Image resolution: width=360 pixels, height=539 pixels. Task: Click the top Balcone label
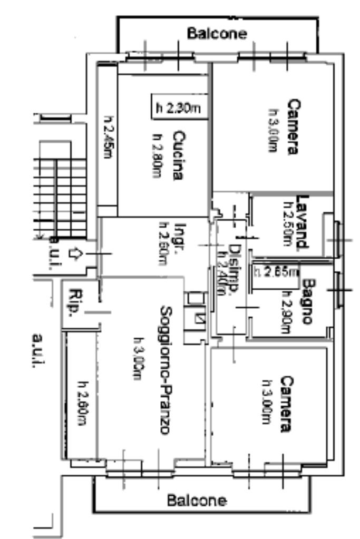click(x=217, y=34)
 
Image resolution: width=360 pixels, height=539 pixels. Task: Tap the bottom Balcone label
click(x=197, y=500)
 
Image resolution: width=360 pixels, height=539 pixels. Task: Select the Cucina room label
click(x=178, y=155)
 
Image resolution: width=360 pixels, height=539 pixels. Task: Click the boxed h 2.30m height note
click(x=178, y=109)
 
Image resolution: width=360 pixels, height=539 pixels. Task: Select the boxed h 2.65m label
click(x=276, y=272)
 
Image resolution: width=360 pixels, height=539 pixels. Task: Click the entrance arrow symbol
click(x=74, y=254)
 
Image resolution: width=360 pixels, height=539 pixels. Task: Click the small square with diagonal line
click(x=200, y=318)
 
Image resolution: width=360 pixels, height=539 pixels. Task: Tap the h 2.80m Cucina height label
click(x=156, y=155)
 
